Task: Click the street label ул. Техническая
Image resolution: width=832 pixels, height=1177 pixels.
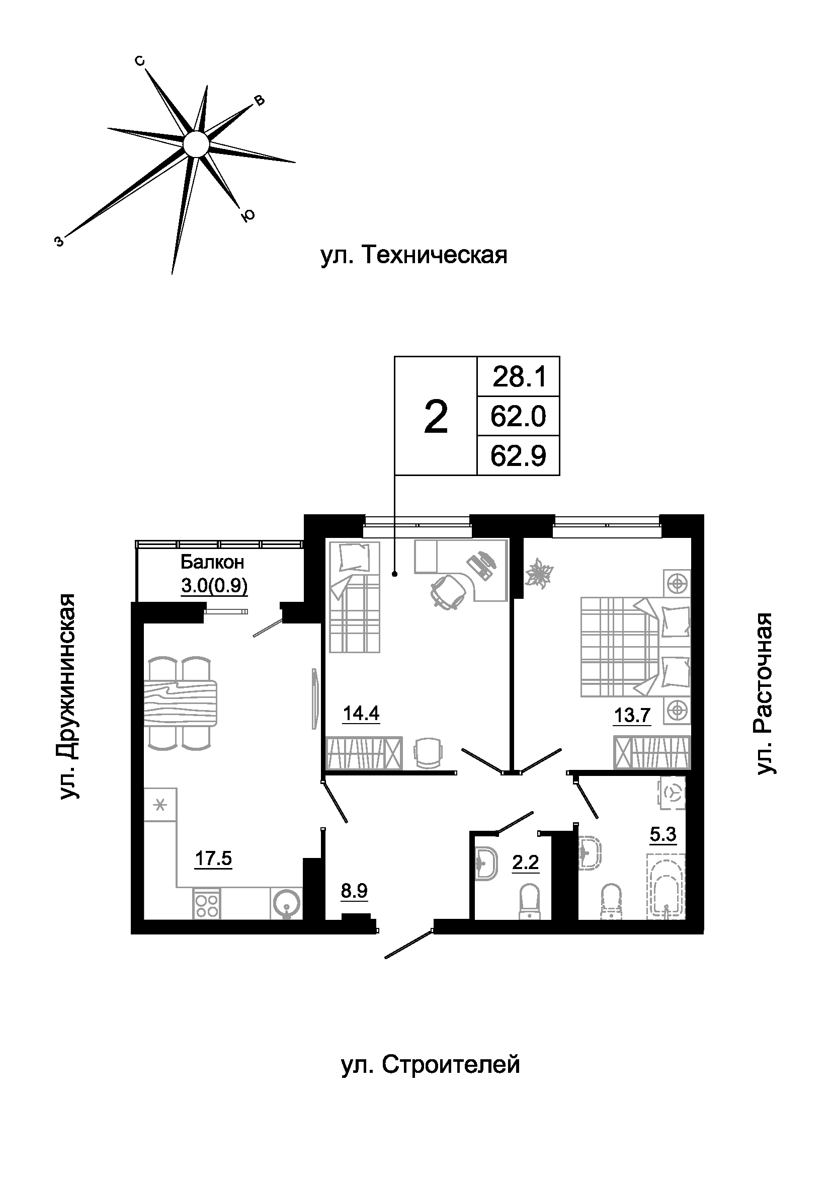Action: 414,255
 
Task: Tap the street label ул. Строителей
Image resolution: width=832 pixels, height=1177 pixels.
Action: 431,1064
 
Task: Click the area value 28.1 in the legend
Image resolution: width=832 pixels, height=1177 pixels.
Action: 519,377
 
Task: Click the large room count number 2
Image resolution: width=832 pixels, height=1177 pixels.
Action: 436,418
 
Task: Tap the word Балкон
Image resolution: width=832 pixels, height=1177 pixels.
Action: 212,563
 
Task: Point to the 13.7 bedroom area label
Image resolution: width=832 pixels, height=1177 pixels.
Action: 632,714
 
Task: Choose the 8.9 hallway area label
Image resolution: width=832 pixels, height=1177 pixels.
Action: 355,891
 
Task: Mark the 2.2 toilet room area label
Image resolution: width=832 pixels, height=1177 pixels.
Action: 526,863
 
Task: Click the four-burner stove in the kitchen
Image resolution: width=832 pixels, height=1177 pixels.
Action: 207,904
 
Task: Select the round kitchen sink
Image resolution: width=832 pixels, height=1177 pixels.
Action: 286,903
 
